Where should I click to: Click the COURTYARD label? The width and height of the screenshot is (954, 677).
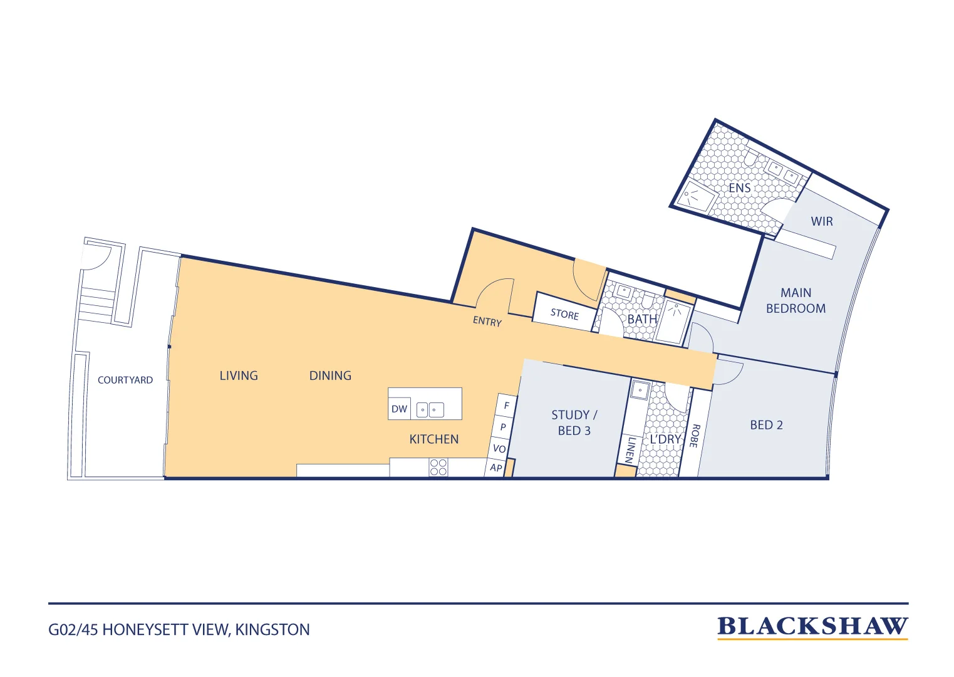click(x=125, y=380)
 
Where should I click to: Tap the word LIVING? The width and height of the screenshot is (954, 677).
click(x=239, y=375)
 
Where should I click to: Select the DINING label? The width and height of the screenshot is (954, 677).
click(x=330, y=375)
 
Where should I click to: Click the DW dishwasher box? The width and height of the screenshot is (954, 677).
click(x=399, y=409)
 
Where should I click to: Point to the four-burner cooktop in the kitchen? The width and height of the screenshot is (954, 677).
click(x=438, y=467)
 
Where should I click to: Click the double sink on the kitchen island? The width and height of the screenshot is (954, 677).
click(x=430, y=410)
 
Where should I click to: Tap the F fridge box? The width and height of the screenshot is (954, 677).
click(x=506, y=405)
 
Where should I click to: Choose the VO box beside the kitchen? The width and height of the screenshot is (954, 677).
click(x=499, y=448)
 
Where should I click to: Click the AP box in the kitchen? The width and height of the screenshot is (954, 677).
click(x=495, y=467)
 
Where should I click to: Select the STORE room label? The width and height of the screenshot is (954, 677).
click(x=564, y=314)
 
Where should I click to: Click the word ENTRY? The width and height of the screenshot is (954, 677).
click(x=487, y=321)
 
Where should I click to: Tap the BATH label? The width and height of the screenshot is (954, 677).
click(x=642, y=319)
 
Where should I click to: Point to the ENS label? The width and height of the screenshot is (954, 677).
click(x=739, y=187)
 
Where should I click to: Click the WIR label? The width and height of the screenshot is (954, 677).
click(x=822, y=221)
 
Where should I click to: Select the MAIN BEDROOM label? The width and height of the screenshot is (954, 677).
click(x=796, y=300)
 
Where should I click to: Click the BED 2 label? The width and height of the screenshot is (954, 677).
click(x=766, y=425)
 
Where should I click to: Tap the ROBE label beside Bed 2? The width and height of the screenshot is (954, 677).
click(x=694, y=436)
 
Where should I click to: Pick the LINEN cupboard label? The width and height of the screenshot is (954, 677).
click(x=630, y=450)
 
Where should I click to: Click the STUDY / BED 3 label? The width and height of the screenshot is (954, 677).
click(x=574, y=422)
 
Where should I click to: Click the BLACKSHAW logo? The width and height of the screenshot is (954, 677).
click(x=812, y=627)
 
